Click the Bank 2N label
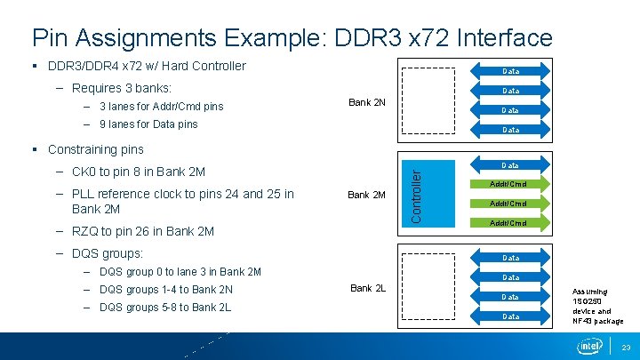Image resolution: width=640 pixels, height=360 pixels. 366,102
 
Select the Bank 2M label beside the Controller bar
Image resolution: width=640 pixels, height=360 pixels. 366,194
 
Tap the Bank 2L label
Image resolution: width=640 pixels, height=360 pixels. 368,287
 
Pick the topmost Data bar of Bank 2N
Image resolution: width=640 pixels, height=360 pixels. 510,70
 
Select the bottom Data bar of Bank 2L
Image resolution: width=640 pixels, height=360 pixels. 510,316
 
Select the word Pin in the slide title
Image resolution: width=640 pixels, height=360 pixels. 47,38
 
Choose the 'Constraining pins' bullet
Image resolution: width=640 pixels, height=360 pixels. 95,149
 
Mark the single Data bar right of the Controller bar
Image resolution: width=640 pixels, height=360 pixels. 510,165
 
